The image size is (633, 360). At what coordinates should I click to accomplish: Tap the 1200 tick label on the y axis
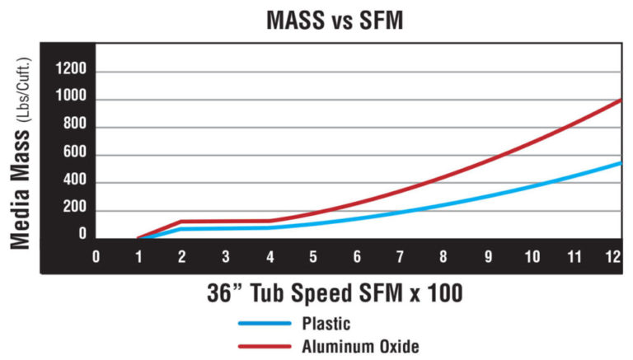click(x=69, y=72)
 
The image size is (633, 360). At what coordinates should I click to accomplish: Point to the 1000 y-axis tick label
click(x=69, y=100)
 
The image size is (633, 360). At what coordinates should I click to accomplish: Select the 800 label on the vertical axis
click(x=73, y=128)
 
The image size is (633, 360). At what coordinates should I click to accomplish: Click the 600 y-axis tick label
click(x=73, y=155)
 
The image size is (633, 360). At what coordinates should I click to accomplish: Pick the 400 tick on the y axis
click(x=73, y=183)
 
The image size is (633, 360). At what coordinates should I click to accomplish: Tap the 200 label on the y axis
click(x=73, y=210)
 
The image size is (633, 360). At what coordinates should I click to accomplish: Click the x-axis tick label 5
click(x=313, y=257)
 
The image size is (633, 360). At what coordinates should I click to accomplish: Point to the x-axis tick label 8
click(x=443, y=257)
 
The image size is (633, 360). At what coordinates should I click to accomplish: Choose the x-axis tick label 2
click(x=182, y=257)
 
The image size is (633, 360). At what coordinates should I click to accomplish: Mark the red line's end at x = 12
click(x=620, y=100)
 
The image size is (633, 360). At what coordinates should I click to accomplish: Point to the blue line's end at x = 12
click(x=620, y=162)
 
